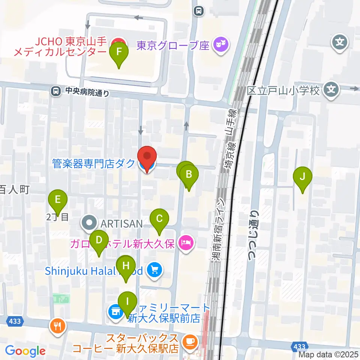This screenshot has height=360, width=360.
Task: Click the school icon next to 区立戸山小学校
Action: pyautogui.click(x=331, y=90)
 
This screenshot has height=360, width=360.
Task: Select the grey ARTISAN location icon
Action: pyautogui.click(x=89, y=224)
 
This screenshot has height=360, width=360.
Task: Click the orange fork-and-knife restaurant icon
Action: pyautogui.click(x=58, y=326)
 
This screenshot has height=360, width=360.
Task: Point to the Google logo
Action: pyautogui.click(x=25, y=351)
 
